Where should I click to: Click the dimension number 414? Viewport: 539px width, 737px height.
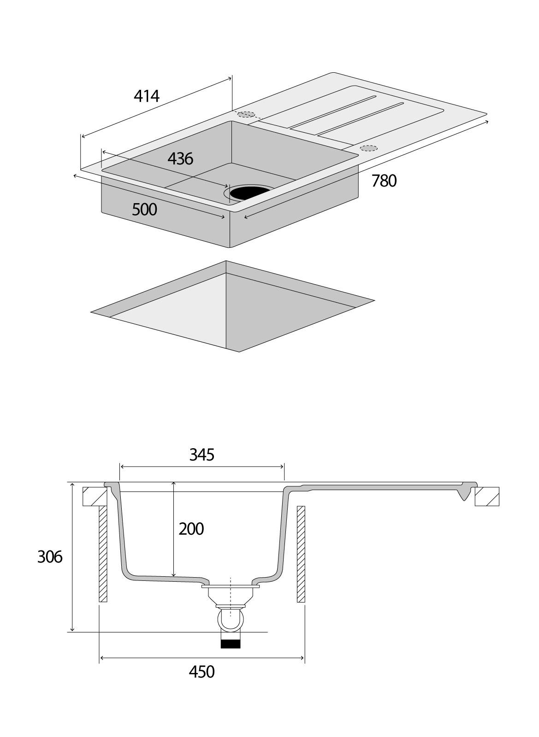(147, 96)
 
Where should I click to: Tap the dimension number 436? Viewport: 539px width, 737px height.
(180, 159)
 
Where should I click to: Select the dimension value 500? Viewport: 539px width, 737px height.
(144, 210)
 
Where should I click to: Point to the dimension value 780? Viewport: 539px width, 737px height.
(384, 181)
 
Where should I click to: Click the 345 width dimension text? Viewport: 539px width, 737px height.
(202, 455)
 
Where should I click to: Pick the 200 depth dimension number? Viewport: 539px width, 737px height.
(191, 529)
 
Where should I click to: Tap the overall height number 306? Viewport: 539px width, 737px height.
(50, 557)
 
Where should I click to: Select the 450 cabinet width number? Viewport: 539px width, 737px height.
(202, 672)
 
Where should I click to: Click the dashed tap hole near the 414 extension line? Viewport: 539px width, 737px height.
(246, 115)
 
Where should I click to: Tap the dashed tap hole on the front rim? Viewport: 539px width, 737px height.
(368, 148)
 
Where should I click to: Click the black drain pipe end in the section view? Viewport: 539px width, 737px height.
(231, 644)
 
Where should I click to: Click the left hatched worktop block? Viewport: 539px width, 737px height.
(95, 497)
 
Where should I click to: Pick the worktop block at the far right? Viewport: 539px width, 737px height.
(487, 497)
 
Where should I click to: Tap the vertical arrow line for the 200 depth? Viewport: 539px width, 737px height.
(174, 529)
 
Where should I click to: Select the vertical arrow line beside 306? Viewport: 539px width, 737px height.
(72, 557)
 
